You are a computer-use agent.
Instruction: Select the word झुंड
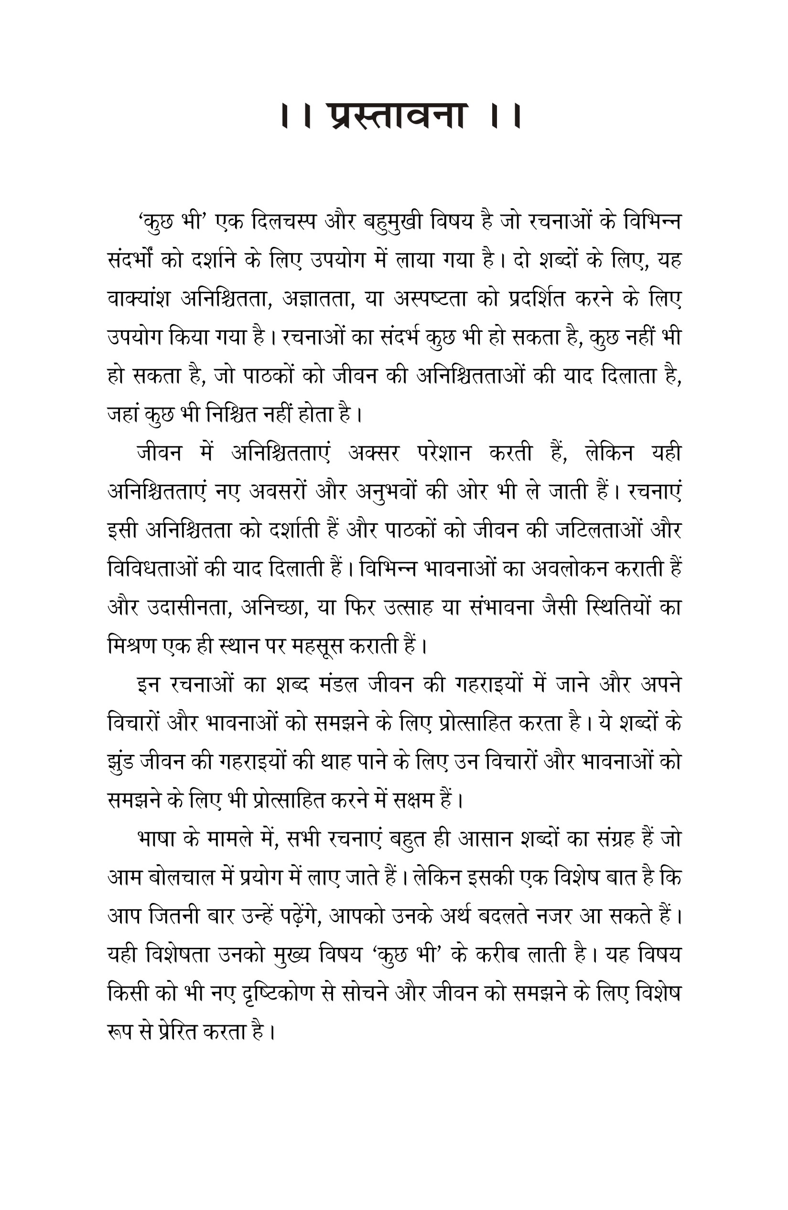120,762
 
